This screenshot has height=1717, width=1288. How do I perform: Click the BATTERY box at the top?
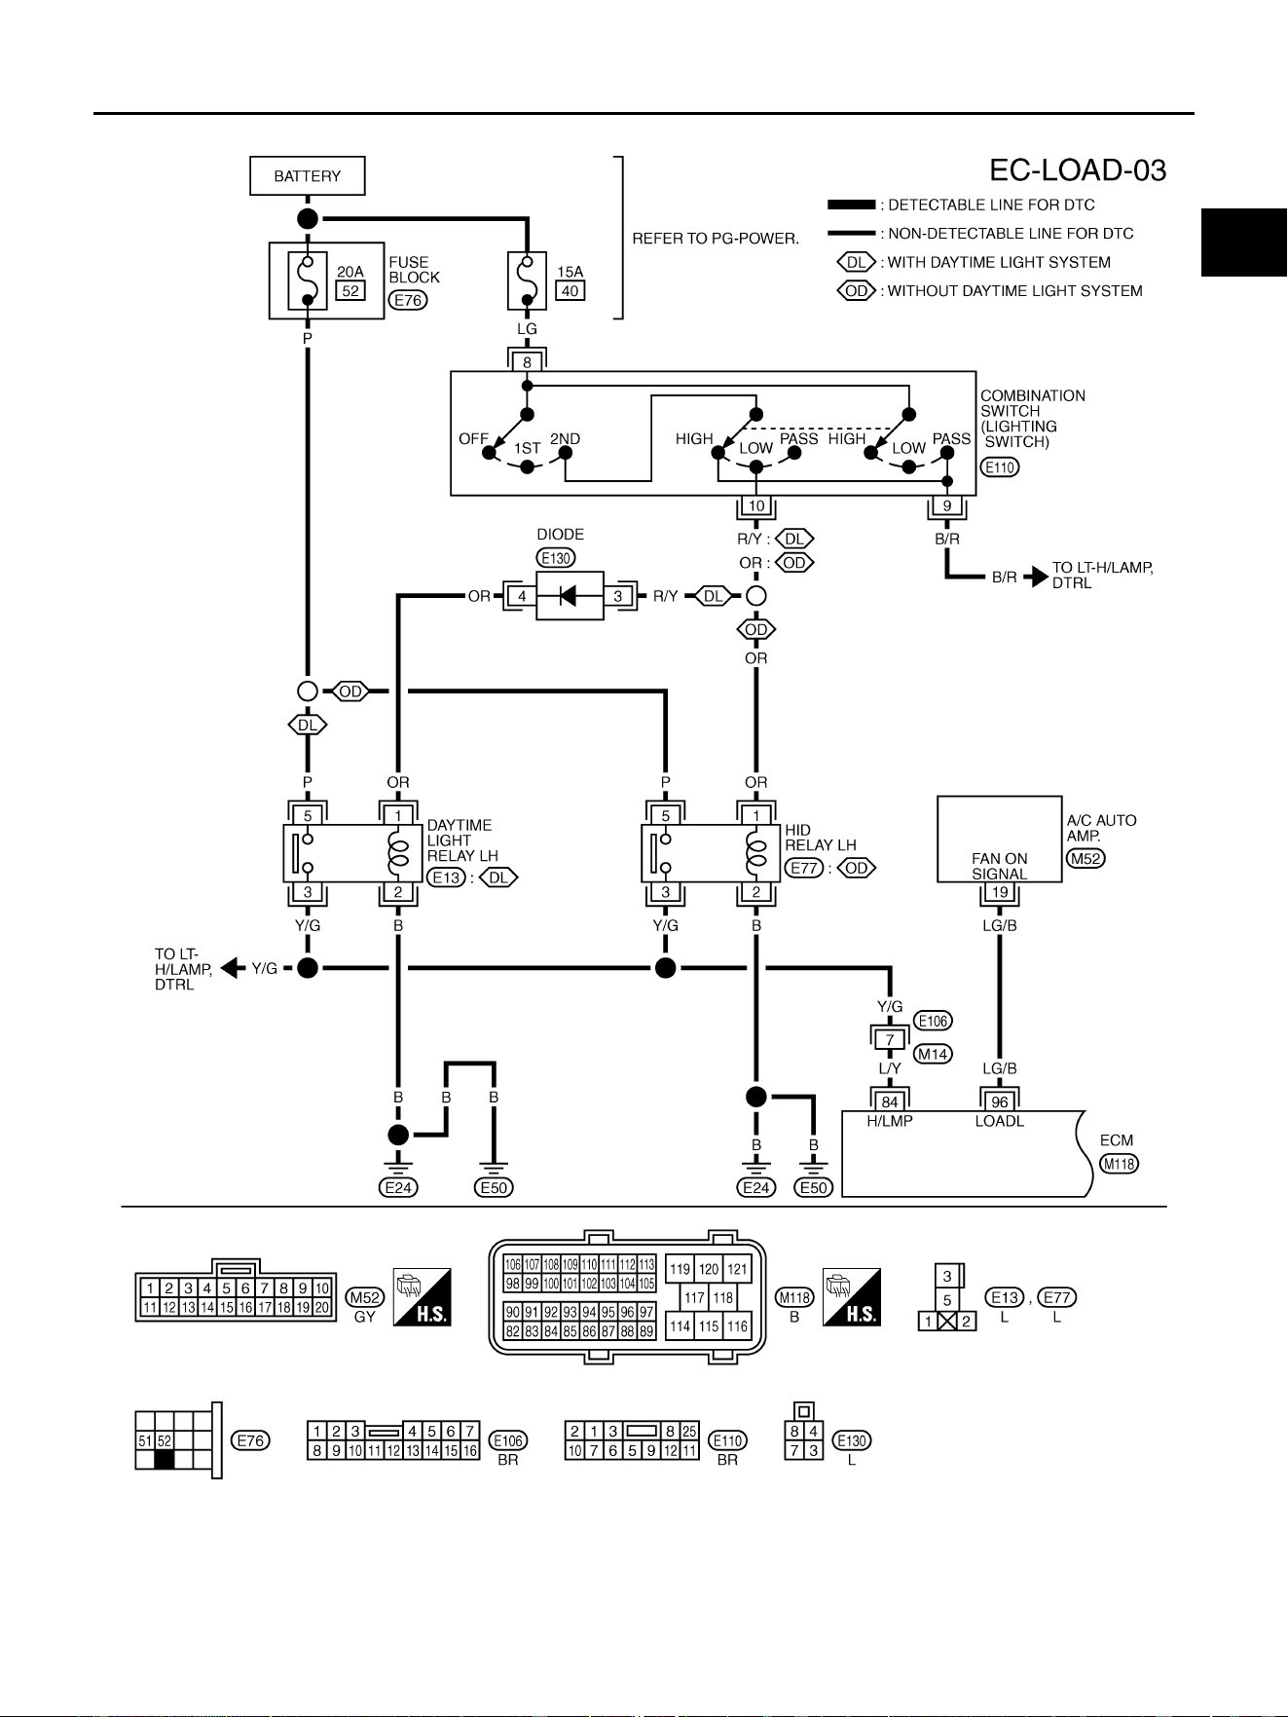[x=307, y=176]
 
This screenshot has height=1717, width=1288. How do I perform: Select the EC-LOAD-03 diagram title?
[x=1078, y=170]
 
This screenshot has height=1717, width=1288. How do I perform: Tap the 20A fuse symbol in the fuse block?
[x=308, y=280]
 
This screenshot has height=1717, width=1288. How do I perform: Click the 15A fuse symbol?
[x=527, y=280]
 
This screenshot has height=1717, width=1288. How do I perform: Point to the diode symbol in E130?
[x=570, y=596]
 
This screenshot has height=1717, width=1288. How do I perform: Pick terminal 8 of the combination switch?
[x=527, y=362]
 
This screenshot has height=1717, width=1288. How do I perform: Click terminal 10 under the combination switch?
[x=756, y=506]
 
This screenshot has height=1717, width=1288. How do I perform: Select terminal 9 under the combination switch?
[x=947, y=506]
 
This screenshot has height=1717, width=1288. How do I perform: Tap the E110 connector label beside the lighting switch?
[x=999, y=467]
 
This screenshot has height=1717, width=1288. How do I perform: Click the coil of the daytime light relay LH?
[x=398, y=854]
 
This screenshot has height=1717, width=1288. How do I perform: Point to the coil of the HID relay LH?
[x=756, y=854]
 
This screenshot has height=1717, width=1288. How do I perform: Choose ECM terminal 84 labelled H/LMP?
[x=890, y=1102]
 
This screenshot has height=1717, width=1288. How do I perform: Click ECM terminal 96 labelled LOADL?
[x=1000, y=1102]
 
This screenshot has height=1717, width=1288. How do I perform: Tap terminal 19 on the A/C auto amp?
[x=1000, y=892]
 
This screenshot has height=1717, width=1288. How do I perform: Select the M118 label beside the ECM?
[x=1119, y=1164]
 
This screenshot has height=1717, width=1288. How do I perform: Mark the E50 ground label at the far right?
[x=814, y=1187]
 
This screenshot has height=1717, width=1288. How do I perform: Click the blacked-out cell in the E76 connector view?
[x=164, y=1460]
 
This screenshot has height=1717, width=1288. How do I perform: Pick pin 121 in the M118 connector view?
[x=737, y=1269]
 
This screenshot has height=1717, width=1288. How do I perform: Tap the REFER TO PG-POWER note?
[x=716, y=239]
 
